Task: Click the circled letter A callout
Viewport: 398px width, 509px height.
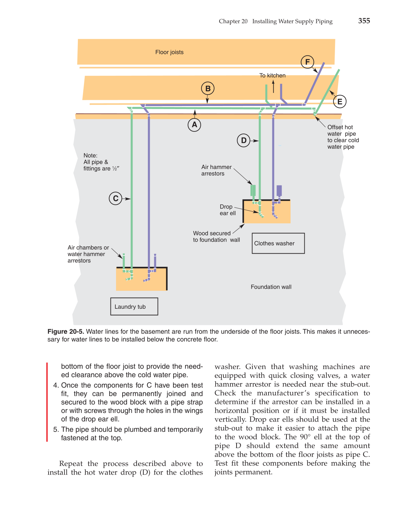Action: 195,125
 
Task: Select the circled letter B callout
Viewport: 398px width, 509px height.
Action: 208,88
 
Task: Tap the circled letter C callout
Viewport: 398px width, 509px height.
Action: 116,198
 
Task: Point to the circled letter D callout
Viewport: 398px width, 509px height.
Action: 244,140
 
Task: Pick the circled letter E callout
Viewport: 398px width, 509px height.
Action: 339,102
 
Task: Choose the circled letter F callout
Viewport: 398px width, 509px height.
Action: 307,62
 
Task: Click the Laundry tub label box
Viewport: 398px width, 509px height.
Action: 134,306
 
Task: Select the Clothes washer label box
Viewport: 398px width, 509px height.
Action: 278,243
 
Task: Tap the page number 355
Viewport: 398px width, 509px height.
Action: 364,21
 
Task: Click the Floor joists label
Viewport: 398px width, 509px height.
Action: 169,52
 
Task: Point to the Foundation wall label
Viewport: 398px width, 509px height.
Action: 271,287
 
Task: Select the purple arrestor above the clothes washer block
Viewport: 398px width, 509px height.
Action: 279,190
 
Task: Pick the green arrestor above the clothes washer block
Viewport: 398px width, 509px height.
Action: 253,190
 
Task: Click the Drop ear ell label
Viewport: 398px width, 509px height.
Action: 227,210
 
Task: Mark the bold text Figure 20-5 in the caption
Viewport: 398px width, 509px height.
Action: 65,331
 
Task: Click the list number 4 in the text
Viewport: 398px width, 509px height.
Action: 55,385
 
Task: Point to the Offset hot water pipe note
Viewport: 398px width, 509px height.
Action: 343,137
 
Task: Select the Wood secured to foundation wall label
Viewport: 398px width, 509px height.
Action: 216,236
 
